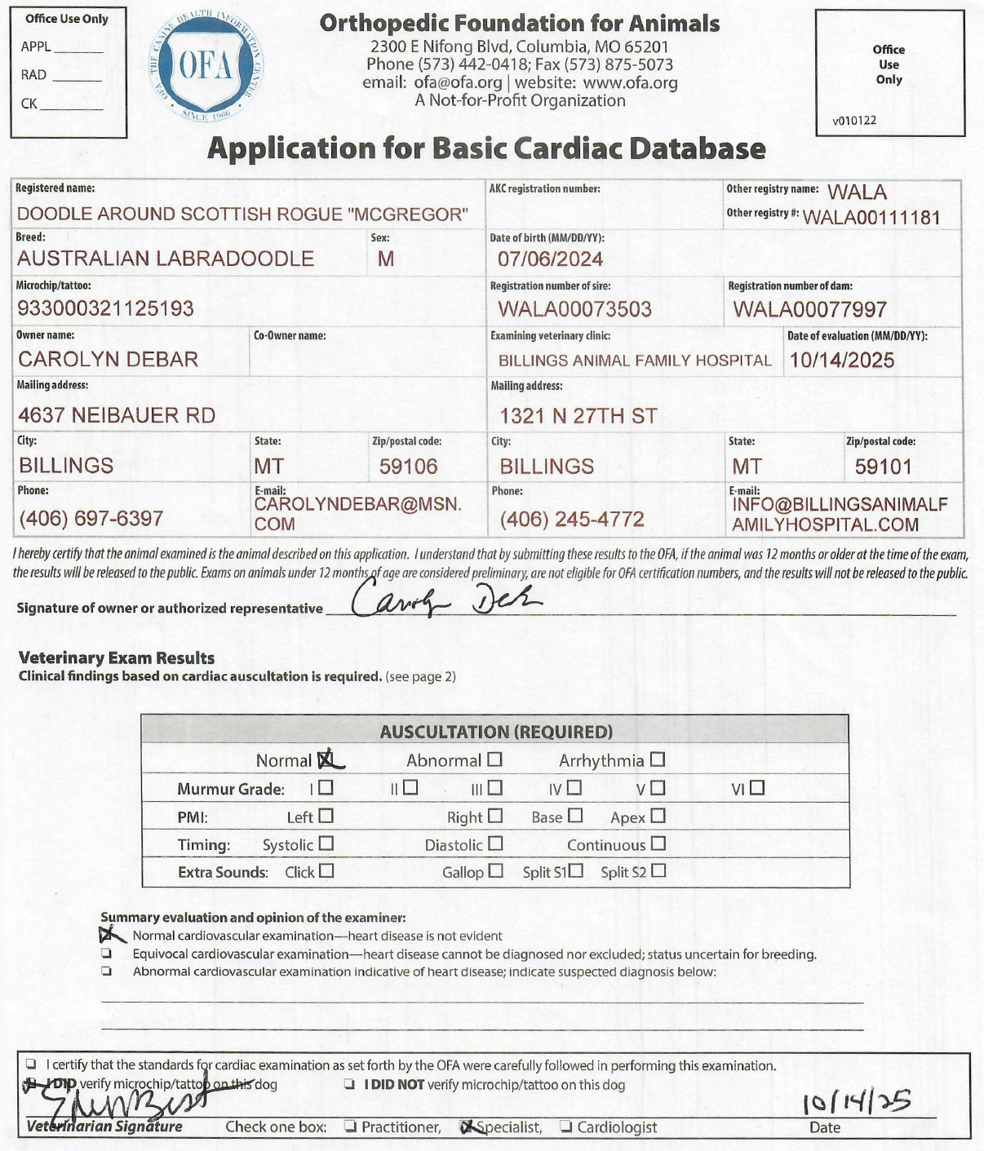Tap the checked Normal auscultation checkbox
pyautogui.click(x=326, y=759)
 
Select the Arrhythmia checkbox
pyautogui.click(x=658, y=759)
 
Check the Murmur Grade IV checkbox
pyautogui.click(x=574, y=788)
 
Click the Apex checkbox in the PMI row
pyautogui.click(x=658, y=816)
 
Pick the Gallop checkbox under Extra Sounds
pyautogui.click(x=496, y=871)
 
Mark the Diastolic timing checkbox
pyautogui.click(x=495, y=843)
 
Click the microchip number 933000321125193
pyautogui.click(x=105, y=308)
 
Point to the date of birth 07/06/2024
pyautogui.click(x=550, y=259)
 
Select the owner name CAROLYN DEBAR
pyautogui.click(x=108, y=359)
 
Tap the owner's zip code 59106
pyautogui.click(x=408, y=467)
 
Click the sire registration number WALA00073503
pyautogui.click(x=574, y=309)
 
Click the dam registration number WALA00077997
pyautogui.click(x=809, y=309)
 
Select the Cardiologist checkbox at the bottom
pyautogui.click(x=566, y=1127)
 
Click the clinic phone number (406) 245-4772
pyautogui.click(x=572, y=519)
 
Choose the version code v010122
pyautogui.click(x=854, y=121)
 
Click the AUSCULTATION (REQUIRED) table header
pyautogui.click(x=495, y=731)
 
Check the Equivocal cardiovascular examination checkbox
pyautogui.click(x=106, y=954)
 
